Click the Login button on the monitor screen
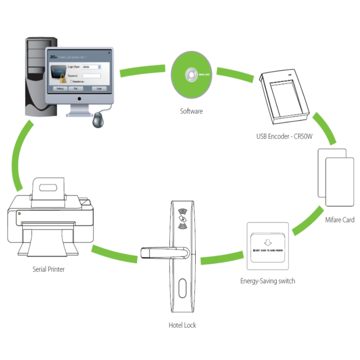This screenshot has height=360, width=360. (x=99, y=89)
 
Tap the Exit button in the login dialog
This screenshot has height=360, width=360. (x=76, y=89)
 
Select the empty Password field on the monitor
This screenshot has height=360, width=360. (x=91, y=76)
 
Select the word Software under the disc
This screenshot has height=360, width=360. (x=191, y=111)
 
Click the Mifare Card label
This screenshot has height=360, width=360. (x=340, y=220)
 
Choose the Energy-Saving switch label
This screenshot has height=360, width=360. (x=267, y=281)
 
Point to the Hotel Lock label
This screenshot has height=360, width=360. (x=182, y=325)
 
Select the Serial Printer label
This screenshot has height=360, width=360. (x=49, y=269)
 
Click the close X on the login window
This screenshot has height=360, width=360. (x=108, y=53)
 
